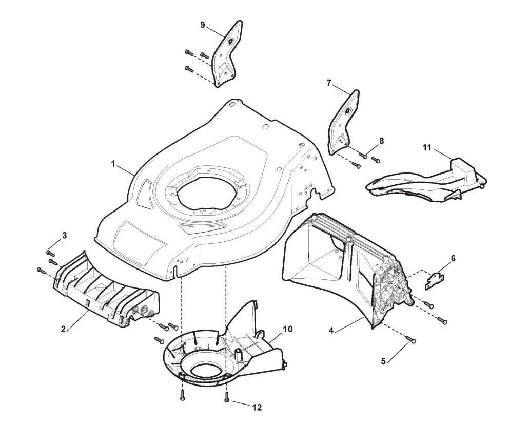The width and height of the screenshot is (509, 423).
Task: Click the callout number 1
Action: (x=113, y=164)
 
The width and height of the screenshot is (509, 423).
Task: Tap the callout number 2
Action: (x=63, y=329)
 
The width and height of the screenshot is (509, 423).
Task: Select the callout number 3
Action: (x=64, y=236)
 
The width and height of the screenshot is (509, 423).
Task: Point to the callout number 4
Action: (x=331, y=330)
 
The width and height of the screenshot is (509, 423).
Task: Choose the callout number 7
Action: (x=329, y=83)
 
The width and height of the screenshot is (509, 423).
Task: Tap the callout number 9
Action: (x=203, y=24)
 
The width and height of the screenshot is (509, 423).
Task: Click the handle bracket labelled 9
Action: (x=226, y=54)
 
